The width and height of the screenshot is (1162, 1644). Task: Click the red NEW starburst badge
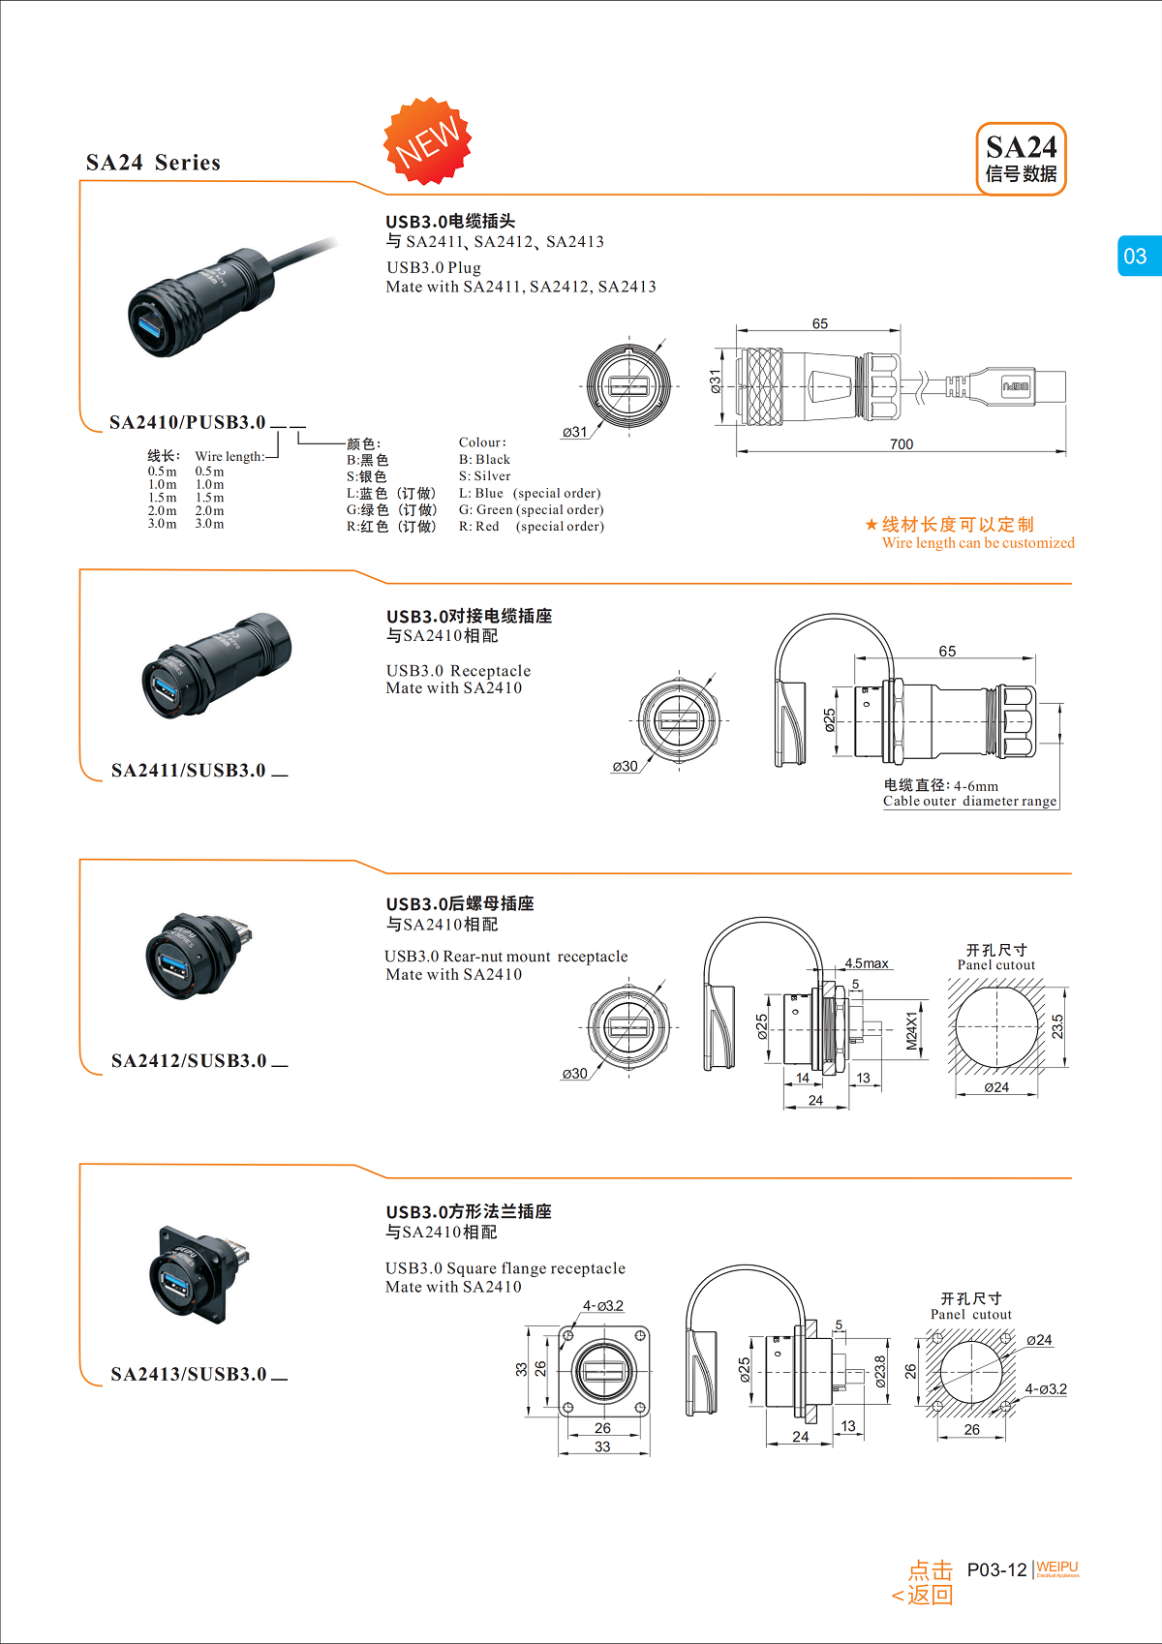click(428, 141)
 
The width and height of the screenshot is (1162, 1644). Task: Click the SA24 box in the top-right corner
click(1021, 159)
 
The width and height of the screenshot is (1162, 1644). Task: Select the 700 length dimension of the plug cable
click(901, 444)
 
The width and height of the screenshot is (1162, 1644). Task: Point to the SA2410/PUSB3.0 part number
click(187, 422)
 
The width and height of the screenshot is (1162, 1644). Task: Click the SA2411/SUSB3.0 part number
click(188, 771)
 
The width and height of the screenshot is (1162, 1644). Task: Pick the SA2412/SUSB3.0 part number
click(188, 1061)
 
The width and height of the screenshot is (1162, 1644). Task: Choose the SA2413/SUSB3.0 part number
click(188, 1375)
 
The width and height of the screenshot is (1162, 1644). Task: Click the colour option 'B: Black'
click(484, 460)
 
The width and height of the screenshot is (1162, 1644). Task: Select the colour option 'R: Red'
click(479, 527)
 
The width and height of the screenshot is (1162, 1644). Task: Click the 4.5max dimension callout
click(867, 963)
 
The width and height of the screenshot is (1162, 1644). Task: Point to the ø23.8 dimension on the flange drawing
click(880, 1372)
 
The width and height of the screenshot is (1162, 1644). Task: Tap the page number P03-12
click(996, 1569)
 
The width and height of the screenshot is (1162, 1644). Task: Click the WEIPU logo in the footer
click(1056, 1568)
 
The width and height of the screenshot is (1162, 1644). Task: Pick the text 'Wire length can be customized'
click(978, 543)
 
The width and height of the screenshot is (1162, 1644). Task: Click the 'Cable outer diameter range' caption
click(969, 802)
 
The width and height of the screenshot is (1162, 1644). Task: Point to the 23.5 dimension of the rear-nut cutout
click(1057, 1026)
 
